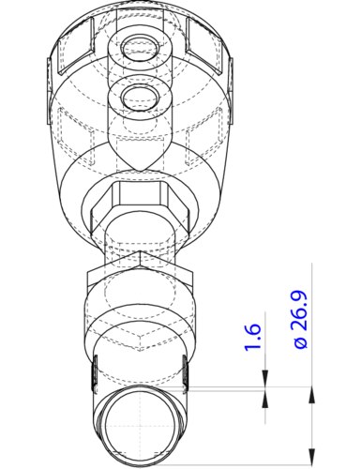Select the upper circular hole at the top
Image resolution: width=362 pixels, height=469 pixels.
[x=142, y=46]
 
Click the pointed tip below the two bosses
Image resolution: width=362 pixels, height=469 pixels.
[x=142, y=168]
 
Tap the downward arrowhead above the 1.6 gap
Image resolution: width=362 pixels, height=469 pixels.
[x=265, y=381]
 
